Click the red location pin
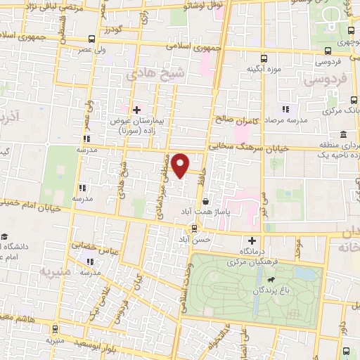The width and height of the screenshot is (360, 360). click(x=181, y=165)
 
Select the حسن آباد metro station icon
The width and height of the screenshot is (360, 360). click(x=194, y=228)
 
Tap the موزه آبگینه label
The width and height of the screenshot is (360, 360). click(x=264, y=70)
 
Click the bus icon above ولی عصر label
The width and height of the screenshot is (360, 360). click(x=92, y=39)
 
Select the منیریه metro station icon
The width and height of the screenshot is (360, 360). click(x=54, y=328)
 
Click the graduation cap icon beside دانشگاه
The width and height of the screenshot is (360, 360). click(x=6, y=237)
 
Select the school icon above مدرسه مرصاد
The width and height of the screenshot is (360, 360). click(x=285, y=109)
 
